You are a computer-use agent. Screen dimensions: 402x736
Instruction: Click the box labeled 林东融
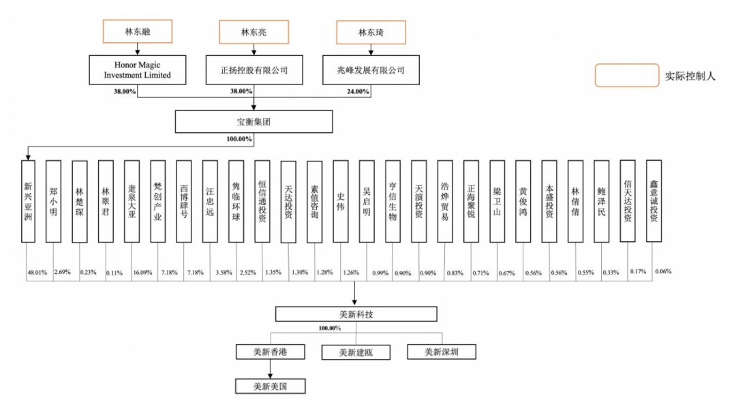pos(138,31)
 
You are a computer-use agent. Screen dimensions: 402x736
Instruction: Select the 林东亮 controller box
pos(254,31)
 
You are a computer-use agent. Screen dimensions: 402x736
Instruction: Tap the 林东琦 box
pos(371,31)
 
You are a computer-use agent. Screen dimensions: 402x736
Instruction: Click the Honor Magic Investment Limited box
pos(138,70)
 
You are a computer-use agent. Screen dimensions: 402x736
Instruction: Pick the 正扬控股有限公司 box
pos(254,70)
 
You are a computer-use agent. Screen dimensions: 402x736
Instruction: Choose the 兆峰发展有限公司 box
pos(371,70)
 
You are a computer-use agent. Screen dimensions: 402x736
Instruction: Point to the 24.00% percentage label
pos(357,91)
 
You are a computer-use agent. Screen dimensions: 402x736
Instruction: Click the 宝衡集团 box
pos(254,121)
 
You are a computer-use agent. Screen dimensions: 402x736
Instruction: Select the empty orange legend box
pos(626,76)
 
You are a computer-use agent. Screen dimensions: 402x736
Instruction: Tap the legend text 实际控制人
pos(690,76)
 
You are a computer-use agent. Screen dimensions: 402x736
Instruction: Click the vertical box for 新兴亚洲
pos(28,201)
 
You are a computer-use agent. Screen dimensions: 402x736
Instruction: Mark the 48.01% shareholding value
pos(36,272)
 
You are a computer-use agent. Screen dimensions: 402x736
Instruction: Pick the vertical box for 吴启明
pos(367,201)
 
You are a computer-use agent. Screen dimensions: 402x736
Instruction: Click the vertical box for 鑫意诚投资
pos(653,201)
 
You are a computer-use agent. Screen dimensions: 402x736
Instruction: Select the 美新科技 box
pos(356,313)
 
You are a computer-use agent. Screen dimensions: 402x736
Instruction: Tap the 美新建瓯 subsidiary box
pos(356,352)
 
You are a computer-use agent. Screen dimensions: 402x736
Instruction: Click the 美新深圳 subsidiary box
pos(441,352)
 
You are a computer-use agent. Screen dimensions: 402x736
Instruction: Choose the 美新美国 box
pos(271,386)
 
